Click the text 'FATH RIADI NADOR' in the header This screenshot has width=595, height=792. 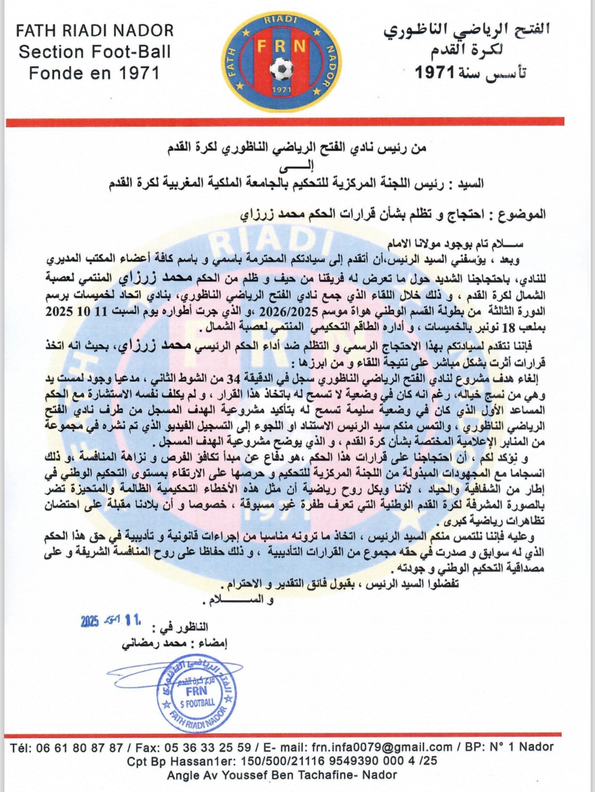[95, 31]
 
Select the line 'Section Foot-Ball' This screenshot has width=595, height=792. [95, 52]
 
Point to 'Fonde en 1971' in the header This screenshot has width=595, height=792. [95, 73]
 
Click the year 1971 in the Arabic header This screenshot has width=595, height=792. [436, 73]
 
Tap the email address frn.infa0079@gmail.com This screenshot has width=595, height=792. [382, 747]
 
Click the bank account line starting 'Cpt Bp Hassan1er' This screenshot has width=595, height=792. [282, 761]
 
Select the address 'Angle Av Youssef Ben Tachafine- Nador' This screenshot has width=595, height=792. [282, 775]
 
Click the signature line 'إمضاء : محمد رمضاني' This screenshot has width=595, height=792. [174, 644]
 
